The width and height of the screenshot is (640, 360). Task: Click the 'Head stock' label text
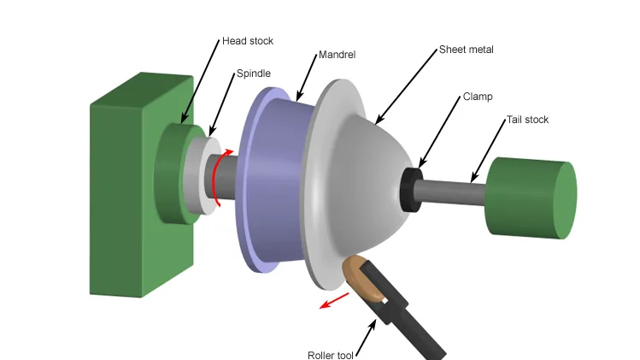point(247,41)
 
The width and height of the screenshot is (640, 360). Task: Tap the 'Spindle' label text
point(254,74)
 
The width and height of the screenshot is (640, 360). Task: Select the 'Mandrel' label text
point(337,55)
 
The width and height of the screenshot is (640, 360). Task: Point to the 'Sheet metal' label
point(467,50)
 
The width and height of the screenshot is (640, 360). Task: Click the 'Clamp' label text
point(478,97)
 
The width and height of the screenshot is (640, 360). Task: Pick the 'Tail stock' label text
point(527,120)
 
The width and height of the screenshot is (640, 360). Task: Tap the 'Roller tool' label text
point(330,355)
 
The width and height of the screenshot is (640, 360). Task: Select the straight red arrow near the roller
point(334,300)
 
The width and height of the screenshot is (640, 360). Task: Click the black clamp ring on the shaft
point(411,190)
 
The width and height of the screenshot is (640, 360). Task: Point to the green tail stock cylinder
point(531,198)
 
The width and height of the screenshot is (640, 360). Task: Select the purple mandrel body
point(278,180)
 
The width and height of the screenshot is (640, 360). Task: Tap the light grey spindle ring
point(200,175)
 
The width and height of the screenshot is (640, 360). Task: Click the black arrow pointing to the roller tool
point(366,338)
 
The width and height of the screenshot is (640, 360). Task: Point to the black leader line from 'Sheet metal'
point(406,86)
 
